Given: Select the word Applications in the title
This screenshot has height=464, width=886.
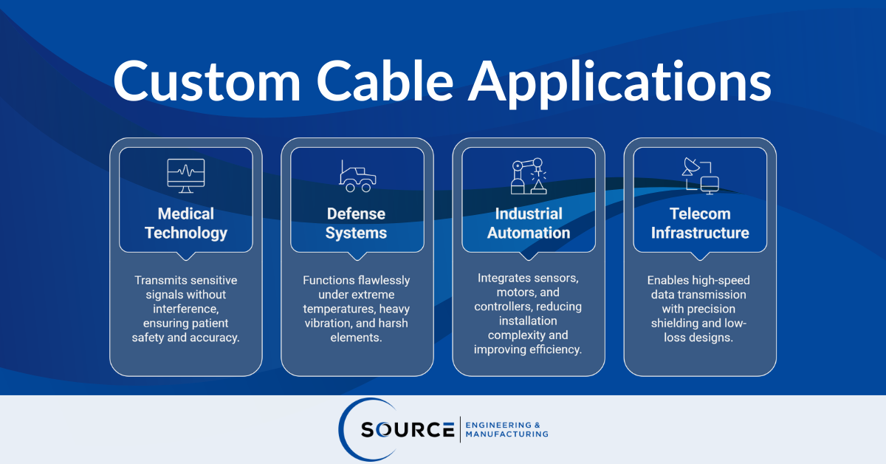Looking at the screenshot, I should tap(622, 83).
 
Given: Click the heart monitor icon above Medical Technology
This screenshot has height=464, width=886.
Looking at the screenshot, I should tap(186, 176).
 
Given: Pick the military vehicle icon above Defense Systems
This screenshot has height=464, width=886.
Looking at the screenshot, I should tap(357, 176).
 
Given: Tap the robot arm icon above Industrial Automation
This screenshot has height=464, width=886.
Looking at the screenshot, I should tap(529, 176).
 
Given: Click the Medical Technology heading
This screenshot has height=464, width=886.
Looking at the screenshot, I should tap(186, 223).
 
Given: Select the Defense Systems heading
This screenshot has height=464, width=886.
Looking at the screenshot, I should tap(357, 223).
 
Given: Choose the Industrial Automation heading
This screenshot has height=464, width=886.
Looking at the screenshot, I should tap(529, 223).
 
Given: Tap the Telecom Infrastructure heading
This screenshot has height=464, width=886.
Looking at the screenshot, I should tap(700, 223).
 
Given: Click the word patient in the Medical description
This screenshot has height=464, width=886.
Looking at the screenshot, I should tap(207, 324).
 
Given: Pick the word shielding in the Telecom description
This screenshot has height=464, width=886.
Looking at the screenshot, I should tap(676, 324).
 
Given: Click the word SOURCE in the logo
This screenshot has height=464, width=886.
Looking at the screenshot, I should tap(407, 429).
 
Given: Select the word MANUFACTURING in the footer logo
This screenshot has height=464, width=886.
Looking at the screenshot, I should tap(507, 434).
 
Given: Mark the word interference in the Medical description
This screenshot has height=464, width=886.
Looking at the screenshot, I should tap(186, 309).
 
